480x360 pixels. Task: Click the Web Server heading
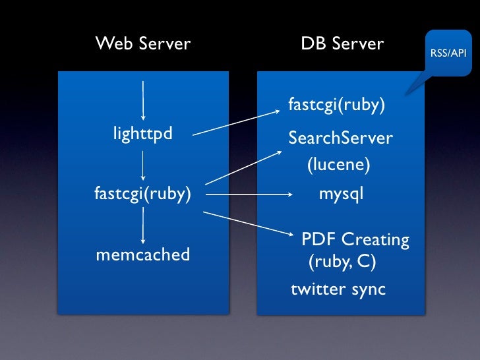[x=143, y=44]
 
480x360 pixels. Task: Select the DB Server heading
[x=342, y=44]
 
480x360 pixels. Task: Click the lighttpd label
[x=143, y=135]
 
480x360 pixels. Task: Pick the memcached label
[x=143, y=255]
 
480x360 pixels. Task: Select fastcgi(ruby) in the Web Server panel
[x=143, y=194]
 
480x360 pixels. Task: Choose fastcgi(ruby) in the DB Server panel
[x=337, y=105]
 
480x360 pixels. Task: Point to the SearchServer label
[x=340, y=138]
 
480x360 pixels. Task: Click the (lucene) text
[x=338, y=164]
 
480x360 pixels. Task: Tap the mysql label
[x=341, y=195]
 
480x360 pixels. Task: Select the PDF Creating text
[x=355, y=239]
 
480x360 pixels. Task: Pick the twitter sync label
[x=338, y=289]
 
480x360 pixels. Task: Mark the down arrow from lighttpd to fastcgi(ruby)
[x=143, y=164]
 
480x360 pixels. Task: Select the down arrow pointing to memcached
[x=143, y=227]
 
